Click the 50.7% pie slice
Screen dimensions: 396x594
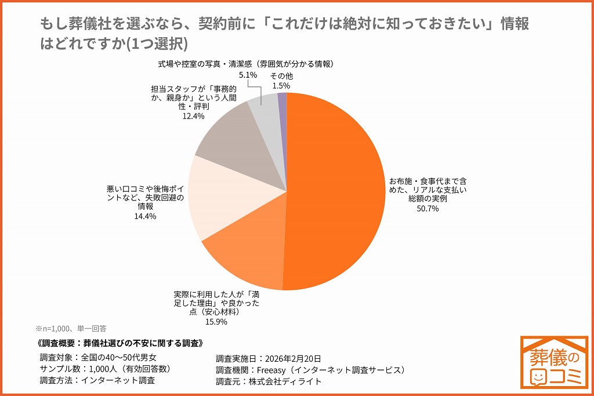pos(336,192)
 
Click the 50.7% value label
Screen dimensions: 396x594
pos(428,208)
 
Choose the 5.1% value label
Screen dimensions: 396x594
pos(248,75)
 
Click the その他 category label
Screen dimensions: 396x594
pos(281,76)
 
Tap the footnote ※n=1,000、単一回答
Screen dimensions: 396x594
pos(71,329)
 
